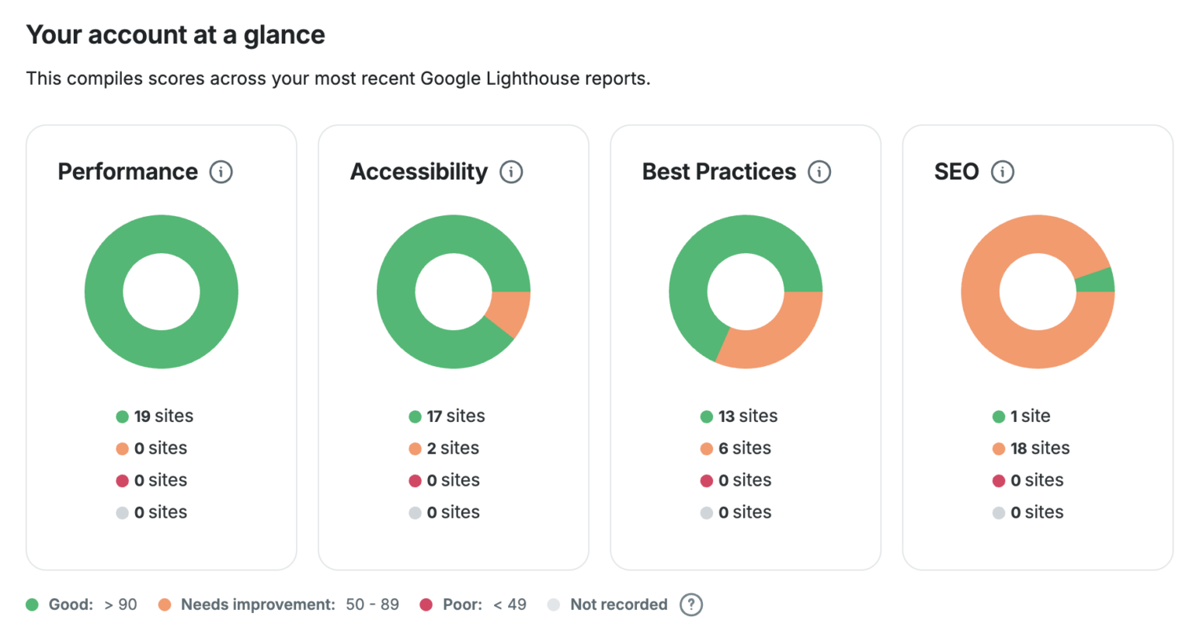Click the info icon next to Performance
[221, 172]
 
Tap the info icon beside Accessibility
[511, 172]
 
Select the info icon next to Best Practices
[819, 172]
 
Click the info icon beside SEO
[1003, 172]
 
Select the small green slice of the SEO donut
[1094, 281]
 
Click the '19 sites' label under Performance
[163, 417]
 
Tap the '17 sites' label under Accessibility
[455, 417]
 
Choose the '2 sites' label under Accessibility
[453, 448]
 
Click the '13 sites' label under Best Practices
[747, 417]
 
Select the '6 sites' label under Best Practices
[744, 448]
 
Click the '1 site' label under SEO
[1030, 417]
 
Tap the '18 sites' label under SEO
[1039, 448]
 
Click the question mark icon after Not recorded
[690, 605]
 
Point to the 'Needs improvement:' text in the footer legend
[258, 605]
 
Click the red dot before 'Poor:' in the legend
[426, 605]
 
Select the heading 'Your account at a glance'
[176, 35]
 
